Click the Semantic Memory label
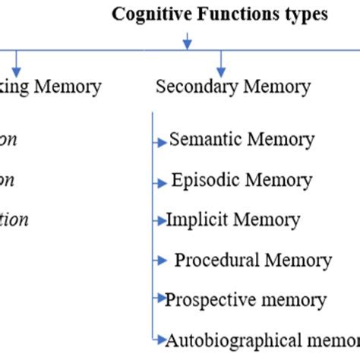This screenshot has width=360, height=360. (242, 140)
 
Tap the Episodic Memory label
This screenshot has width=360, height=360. (242, 181)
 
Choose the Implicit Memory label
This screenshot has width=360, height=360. (233, 220)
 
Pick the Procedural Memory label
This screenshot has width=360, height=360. (253, 261)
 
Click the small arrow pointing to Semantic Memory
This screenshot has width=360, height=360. (160, 142)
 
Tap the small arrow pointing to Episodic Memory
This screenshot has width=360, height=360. (160, 183)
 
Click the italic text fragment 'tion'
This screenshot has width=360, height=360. (14, 220)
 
